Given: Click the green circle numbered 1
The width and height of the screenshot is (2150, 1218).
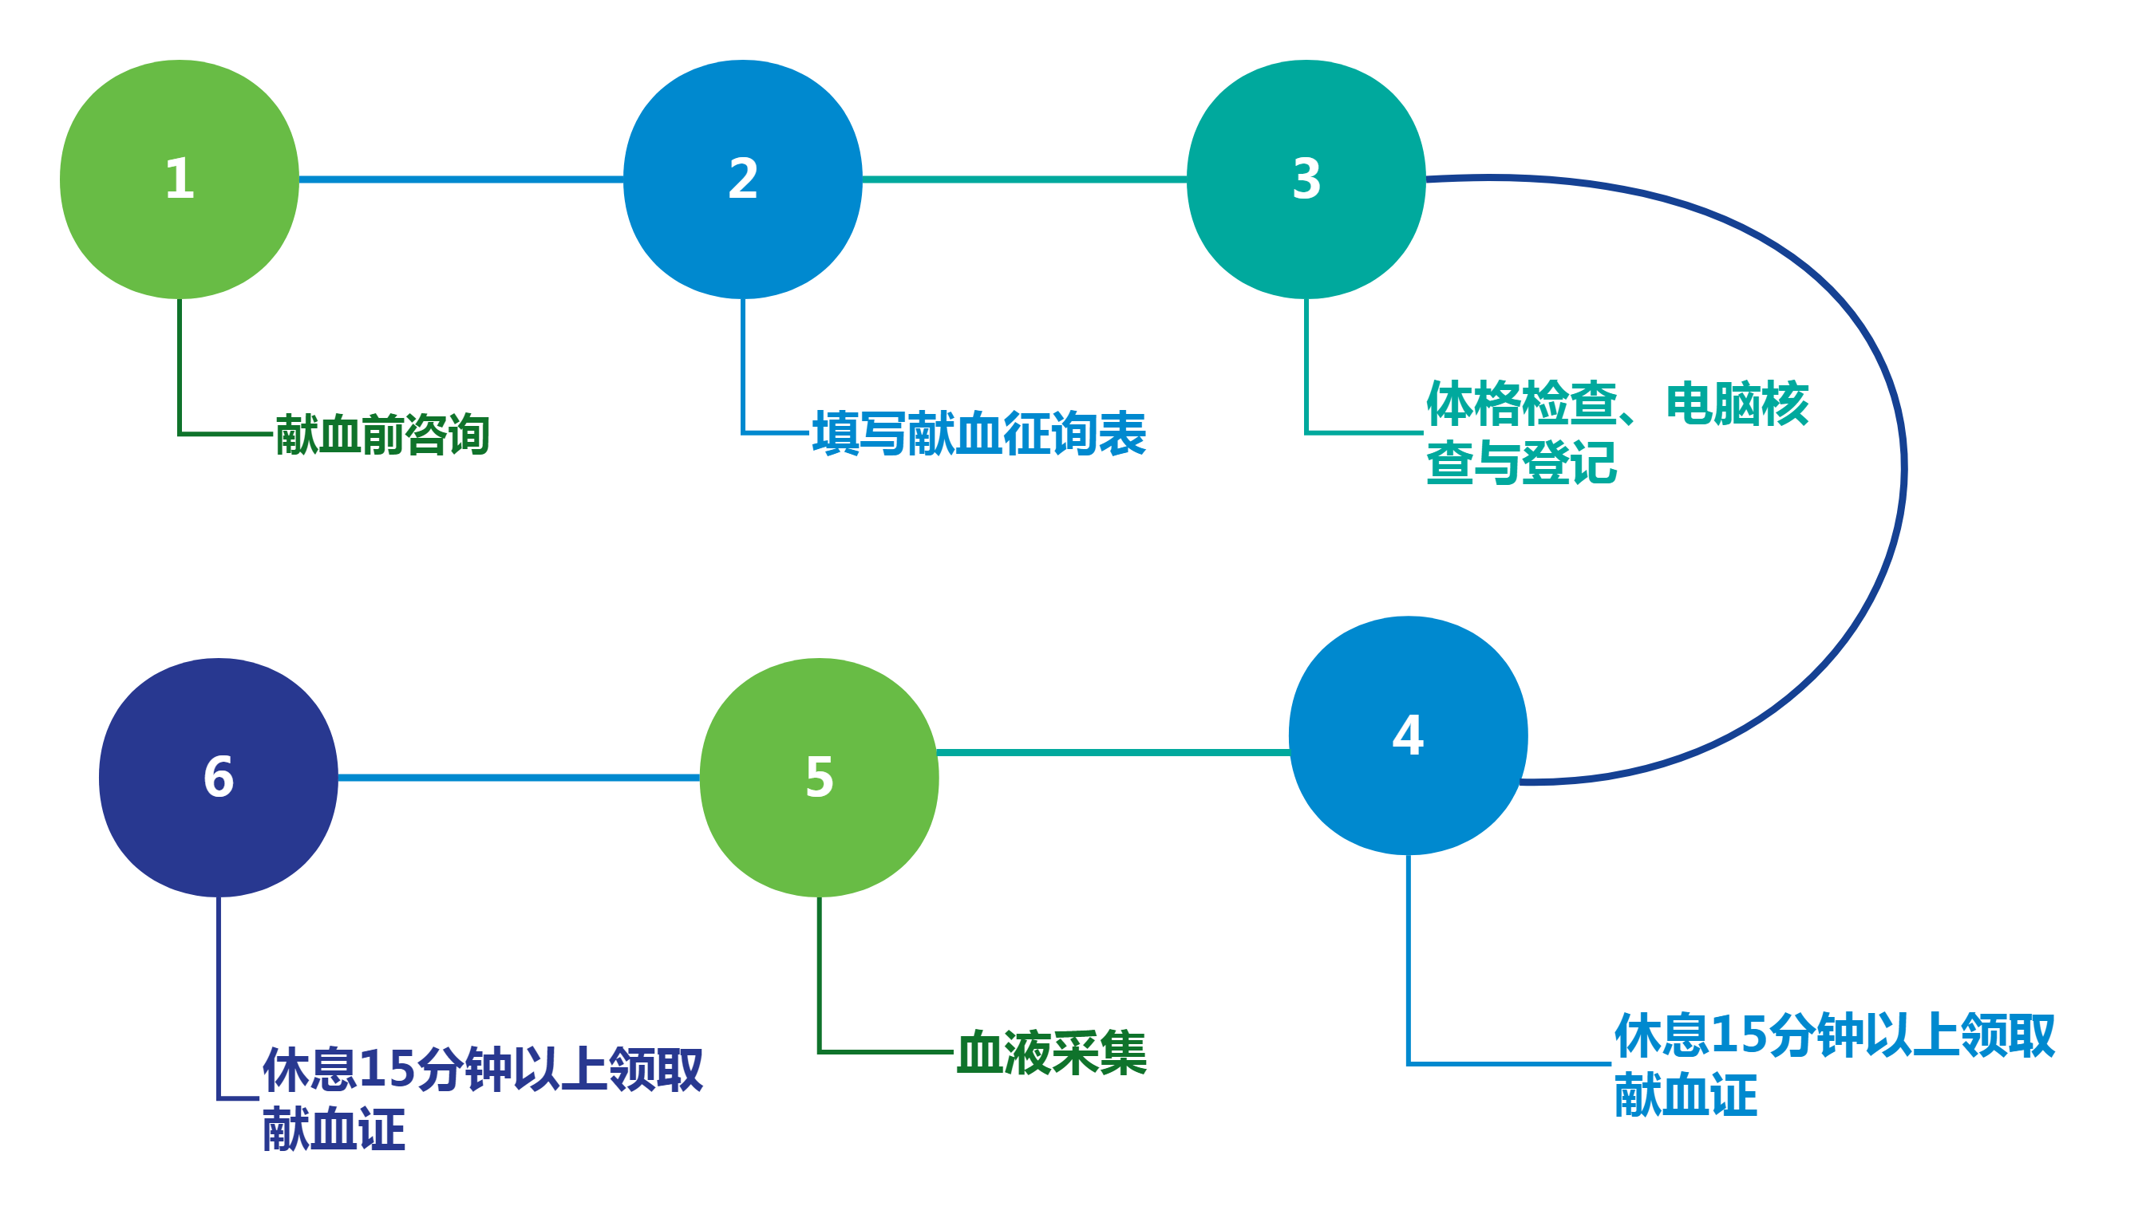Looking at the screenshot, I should [179, 179].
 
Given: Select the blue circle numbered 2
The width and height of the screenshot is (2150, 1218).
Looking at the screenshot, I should [742, 179].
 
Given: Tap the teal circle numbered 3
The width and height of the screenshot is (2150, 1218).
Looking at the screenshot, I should [1306, 179].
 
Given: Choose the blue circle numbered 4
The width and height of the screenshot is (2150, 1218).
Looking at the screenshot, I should [1408, 735].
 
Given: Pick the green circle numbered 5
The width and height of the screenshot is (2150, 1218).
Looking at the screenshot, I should [819, 777].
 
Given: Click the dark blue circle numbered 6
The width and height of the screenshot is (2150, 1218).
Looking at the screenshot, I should [219, 777].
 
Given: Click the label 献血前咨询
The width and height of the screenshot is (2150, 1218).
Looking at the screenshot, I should [382, 435].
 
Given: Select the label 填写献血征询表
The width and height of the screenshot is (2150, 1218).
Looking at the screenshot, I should [979, 433].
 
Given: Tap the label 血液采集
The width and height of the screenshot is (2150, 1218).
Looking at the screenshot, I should [1051, 1052].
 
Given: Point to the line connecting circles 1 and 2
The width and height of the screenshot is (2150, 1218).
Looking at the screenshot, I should [460, 179].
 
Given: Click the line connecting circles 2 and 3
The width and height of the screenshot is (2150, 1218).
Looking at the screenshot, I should [1025, 179].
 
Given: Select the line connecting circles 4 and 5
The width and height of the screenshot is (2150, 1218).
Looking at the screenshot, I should [1113, 753].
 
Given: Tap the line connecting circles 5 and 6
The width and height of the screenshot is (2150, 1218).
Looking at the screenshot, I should [519, 778].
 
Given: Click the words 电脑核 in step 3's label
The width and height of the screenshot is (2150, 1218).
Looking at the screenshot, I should [1737, 404].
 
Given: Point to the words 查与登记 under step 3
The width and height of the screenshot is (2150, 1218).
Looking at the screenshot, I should [1521, 463].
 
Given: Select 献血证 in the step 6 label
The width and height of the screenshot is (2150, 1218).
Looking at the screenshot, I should [334, 1129].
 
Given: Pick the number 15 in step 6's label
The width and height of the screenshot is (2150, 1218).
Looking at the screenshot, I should [382, 1070].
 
